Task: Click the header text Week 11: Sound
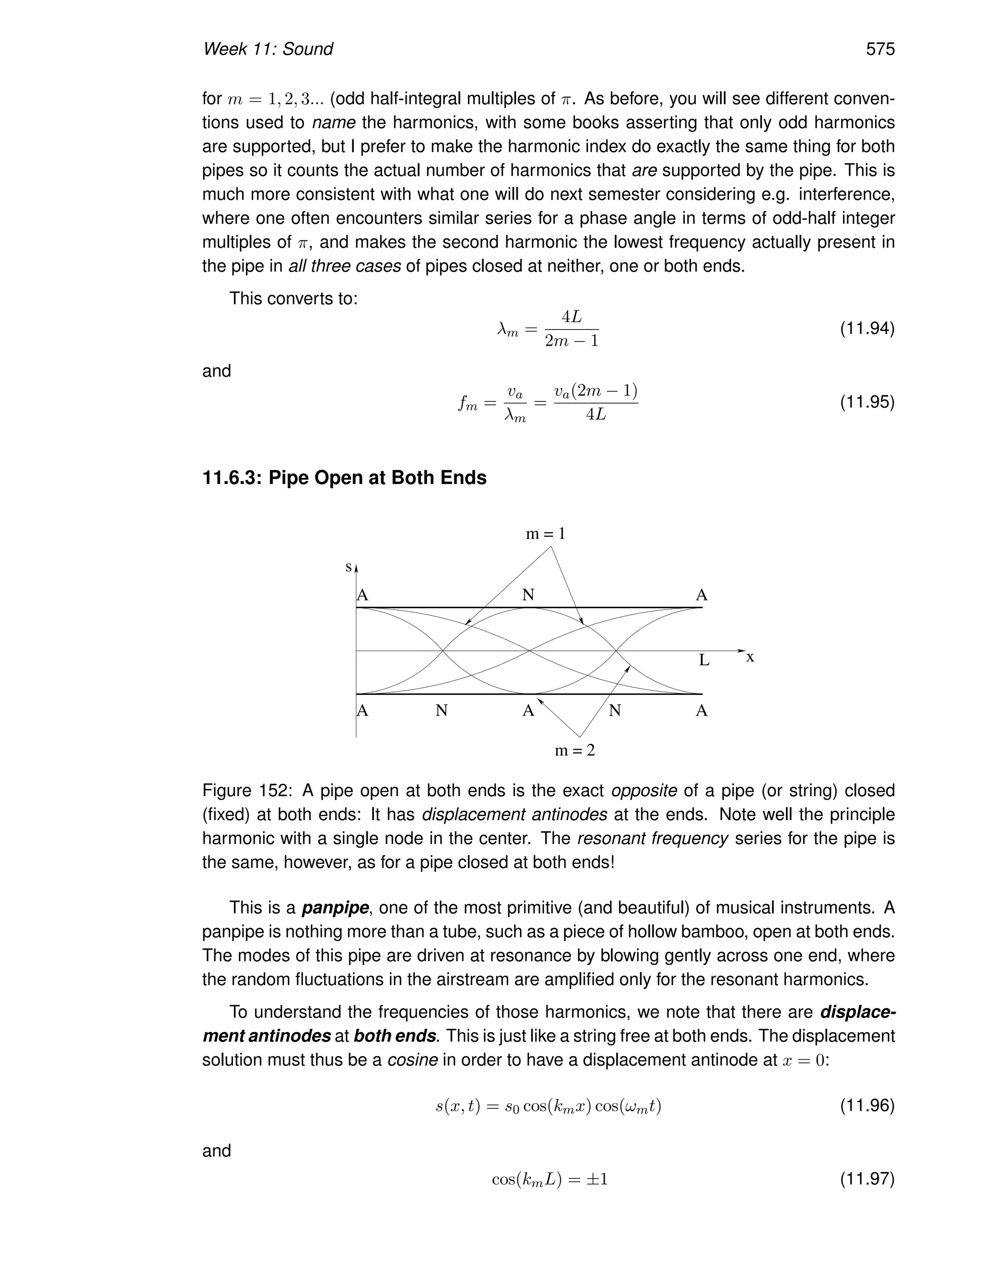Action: pos(268,49)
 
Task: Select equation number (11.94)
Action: pos(867,329)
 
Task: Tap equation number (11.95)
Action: pos(867,402)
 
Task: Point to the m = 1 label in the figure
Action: pos(545,534)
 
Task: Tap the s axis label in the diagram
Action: pos(348,567)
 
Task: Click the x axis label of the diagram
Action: pos(750,658)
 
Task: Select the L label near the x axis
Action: pos(704,660)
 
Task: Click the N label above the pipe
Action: pos(527,595)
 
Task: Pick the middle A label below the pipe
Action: pos(527,711)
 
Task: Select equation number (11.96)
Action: pos(867,1105)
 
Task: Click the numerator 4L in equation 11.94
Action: pos(571,317)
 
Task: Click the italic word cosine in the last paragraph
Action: pos(412,1060)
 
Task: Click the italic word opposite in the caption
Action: pos(644,791)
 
